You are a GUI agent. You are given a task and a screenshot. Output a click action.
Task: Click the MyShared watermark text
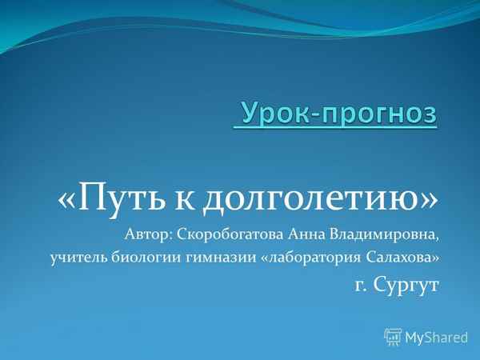[436, 337]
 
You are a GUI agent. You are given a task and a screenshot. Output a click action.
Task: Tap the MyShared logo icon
[393, 336]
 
